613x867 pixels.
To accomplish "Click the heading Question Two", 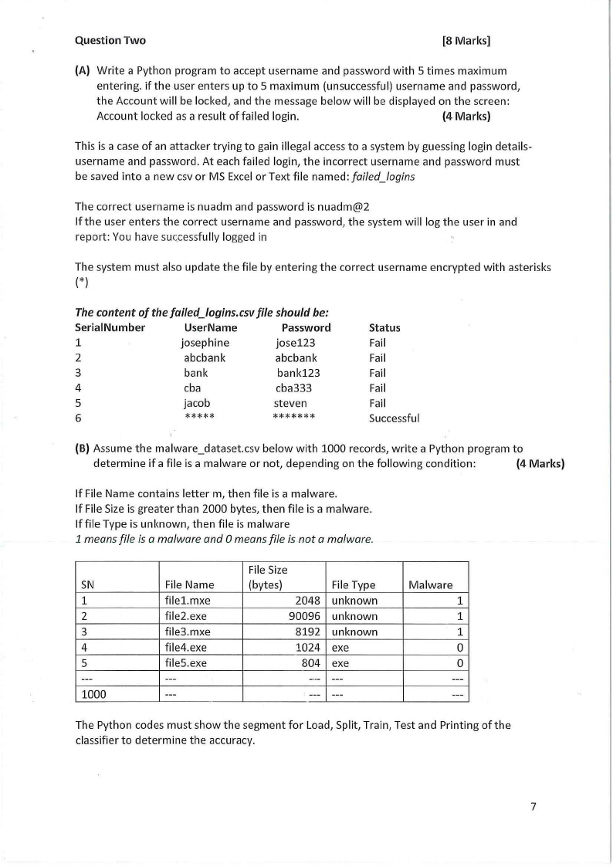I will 110,41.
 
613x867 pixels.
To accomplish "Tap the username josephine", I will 205,343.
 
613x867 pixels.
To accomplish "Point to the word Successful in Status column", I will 395,418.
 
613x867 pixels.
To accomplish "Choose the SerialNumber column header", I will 110,327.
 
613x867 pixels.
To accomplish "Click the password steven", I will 290,403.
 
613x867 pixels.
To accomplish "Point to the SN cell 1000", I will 93,693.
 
